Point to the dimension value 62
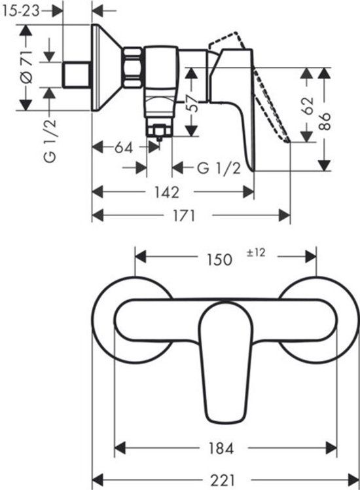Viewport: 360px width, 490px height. tap(308, 105)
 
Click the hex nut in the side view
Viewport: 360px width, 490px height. tap(133, 67)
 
